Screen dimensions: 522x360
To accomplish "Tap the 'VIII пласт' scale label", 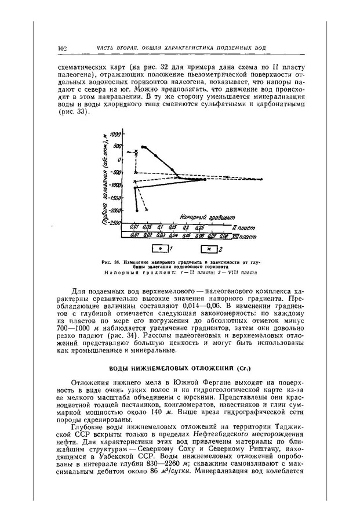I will pos(244,236).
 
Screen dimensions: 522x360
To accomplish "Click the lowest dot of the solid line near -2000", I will pos(137,210).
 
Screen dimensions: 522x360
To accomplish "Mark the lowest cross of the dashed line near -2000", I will pos(147,209).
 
